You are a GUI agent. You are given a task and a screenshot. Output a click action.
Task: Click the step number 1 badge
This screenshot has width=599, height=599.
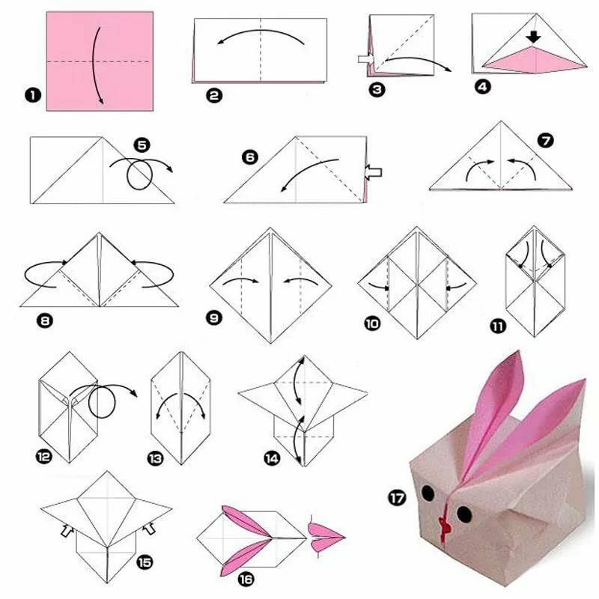click(33, 95)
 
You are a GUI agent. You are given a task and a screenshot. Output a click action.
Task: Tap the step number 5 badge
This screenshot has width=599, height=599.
click(142, 145)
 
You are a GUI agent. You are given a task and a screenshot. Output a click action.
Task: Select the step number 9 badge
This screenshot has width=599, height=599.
click(214, 317)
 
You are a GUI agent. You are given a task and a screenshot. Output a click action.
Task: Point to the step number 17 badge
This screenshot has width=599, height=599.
click(398, 498)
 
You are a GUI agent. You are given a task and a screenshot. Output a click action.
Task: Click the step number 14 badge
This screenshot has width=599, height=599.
click(272, 458)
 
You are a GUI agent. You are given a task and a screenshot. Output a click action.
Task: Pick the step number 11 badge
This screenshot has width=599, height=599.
click(498, 326)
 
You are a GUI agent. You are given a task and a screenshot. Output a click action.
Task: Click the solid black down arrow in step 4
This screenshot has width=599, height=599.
click(533, 37)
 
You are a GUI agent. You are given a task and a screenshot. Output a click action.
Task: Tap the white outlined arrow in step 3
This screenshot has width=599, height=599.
click(366, 59)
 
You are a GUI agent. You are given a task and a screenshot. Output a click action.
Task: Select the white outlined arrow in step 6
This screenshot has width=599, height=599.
click(373, 172)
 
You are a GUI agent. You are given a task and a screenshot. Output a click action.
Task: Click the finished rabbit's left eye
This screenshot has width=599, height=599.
click(428, 493)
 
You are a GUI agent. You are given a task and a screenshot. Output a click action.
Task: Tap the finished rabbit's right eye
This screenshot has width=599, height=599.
click(464, 514)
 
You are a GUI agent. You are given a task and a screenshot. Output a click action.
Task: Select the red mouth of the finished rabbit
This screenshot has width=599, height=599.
click(445, 523)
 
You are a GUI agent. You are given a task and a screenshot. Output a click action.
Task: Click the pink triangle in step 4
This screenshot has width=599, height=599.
click(535, 59)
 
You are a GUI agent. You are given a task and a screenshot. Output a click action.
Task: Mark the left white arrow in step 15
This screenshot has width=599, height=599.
click(67, 530)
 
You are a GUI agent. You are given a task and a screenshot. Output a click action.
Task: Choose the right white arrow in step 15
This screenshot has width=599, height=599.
click(149, 529)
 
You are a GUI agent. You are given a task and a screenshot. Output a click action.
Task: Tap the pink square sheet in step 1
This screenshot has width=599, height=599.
click(100, 61)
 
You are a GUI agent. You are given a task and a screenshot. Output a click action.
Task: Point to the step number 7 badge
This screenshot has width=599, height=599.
click(546, 141)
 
